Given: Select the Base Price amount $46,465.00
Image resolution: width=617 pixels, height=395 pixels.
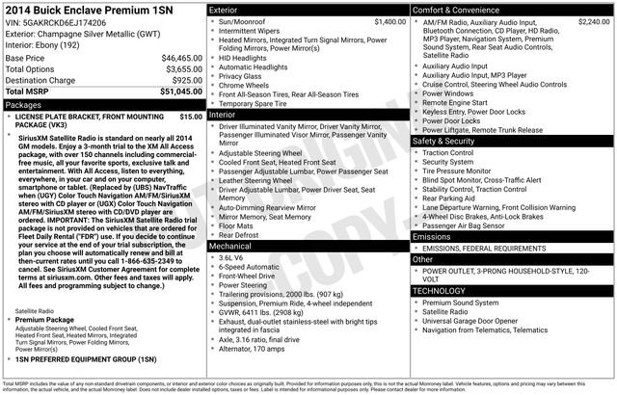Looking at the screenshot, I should pos(181,59).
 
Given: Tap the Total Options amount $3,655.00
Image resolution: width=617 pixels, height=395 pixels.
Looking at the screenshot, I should pos(183,69).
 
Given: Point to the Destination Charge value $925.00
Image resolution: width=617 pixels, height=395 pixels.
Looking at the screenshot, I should pos(187,81).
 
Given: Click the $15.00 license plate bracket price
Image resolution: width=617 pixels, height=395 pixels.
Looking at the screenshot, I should pos(191,116).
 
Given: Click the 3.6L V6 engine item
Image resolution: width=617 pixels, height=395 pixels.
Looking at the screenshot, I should pos(233,258).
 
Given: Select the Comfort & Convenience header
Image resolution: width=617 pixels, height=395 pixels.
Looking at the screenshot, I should pos(455,9).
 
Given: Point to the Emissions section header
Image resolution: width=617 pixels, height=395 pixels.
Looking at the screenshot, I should pos(431,235).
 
